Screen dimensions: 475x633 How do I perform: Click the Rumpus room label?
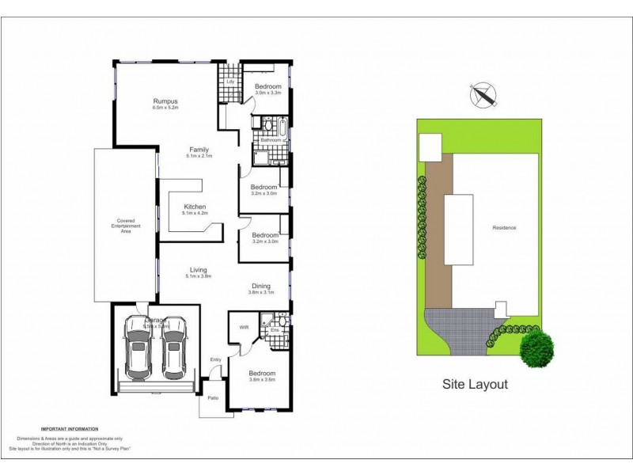tap(165, 101)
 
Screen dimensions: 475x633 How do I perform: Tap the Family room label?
tap(198, 149)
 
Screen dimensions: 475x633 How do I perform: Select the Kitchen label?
tap(195, 207)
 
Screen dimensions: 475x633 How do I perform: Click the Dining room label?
tap(261, 286)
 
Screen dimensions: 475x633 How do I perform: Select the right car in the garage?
tap(174, 349)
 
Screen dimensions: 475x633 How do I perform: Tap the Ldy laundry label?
tap(230, 82)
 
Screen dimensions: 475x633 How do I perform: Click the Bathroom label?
tap(271, 140)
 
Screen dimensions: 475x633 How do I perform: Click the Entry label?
tap(215, 360)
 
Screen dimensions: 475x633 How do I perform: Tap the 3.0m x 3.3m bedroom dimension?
tap(268, 93)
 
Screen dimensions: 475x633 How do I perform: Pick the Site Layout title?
tap(475, 385)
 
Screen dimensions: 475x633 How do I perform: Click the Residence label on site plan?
tap(504, 228)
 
